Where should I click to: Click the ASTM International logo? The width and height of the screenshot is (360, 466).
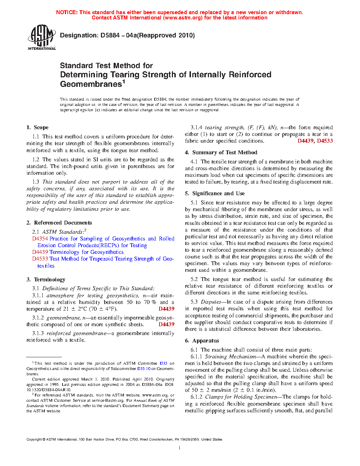tap(42, 37)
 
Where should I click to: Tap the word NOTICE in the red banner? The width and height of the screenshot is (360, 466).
tap(67, 12)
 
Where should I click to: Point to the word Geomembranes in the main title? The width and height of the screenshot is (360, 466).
tap(91, 84)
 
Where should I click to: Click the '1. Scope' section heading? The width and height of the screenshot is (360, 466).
tap(37, 127)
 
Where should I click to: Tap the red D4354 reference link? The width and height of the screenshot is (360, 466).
tap(40, 239)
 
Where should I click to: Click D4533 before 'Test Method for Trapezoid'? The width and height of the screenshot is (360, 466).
tap(40, 259)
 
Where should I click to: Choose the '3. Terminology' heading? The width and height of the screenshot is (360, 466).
tap(46, 280)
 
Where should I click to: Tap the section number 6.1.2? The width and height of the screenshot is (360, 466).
tap(196, 397)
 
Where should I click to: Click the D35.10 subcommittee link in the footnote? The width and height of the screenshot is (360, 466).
tap(144, 369)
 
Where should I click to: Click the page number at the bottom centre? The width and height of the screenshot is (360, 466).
tap(180, 448)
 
